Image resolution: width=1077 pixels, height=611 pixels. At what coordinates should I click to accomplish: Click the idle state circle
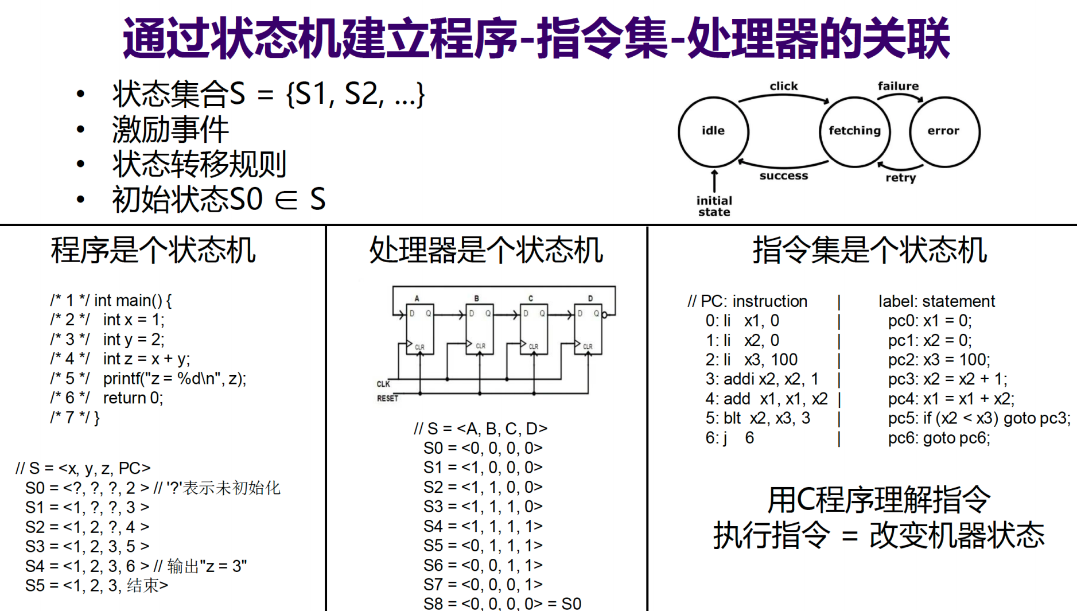tap(713, 131)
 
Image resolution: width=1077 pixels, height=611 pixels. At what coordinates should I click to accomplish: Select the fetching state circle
tap(854, 131)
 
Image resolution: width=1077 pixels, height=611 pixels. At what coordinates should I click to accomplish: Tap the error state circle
tap(944, 131)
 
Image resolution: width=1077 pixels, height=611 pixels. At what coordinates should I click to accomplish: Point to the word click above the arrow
tap(784, 86)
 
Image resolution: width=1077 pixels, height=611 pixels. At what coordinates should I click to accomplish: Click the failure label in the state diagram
tap(898, 86)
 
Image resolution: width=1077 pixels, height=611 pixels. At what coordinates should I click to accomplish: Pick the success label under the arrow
tap(784, 176)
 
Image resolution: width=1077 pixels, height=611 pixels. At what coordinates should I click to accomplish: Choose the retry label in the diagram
tap(900, 177)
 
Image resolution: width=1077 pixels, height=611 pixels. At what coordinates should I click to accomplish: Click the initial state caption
tap(714, 206)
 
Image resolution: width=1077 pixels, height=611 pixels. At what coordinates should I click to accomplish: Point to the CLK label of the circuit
tap(383, 384)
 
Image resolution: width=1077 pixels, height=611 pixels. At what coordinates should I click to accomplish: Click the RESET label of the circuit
tap(387, 398)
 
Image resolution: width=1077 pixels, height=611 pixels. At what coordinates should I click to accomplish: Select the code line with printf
tap(174, 379)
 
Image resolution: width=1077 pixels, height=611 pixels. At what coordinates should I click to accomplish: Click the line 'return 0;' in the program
tap(133, 398)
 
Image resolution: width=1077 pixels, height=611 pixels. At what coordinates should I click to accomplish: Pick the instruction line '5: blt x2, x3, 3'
tap(757, 418)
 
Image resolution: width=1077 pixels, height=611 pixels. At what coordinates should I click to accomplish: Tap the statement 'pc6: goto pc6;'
tap(939, 438)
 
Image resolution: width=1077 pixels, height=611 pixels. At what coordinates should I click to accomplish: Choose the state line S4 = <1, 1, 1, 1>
tap(483, 526)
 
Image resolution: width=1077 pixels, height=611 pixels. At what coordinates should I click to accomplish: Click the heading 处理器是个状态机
tap(486, 251)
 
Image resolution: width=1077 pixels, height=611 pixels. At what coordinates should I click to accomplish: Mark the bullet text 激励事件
tap(170, 129)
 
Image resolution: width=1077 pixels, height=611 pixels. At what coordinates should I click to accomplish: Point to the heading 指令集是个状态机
tap(869, 251)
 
